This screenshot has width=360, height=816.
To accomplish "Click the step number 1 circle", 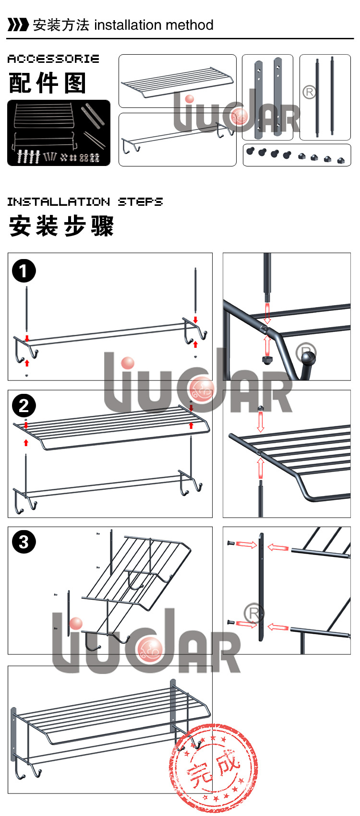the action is click(24, 271).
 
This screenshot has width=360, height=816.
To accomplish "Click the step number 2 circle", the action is click(24, 405).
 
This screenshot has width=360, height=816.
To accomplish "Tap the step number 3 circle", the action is click(24, 542).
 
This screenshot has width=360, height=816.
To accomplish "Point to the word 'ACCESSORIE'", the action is click(53, 59).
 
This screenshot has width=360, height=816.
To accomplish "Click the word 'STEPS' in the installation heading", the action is click(140, 201).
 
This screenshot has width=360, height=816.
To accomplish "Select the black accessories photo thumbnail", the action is click(59, 132).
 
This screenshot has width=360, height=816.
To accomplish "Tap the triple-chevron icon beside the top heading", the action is click(18, 25).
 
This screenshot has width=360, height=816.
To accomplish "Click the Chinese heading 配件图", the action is click(48, 83).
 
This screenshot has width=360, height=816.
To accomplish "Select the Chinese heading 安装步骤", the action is click(61, 226).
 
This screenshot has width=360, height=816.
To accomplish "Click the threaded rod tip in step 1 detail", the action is click(267, 297).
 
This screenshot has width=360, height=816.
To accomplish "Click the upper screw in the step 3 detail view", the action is click(231, 543).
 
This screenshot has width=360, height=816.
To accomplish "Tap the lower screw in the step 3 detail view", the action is click(231, 622).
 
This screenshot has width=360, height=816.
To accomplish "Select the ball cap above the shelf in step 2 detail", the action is click(261, 408).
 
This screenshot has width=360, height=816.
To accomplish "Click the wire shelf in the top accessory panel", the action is click(178, 82).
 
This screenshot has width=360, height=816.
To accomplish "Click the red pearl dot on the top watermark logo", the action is click(190, 99).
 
